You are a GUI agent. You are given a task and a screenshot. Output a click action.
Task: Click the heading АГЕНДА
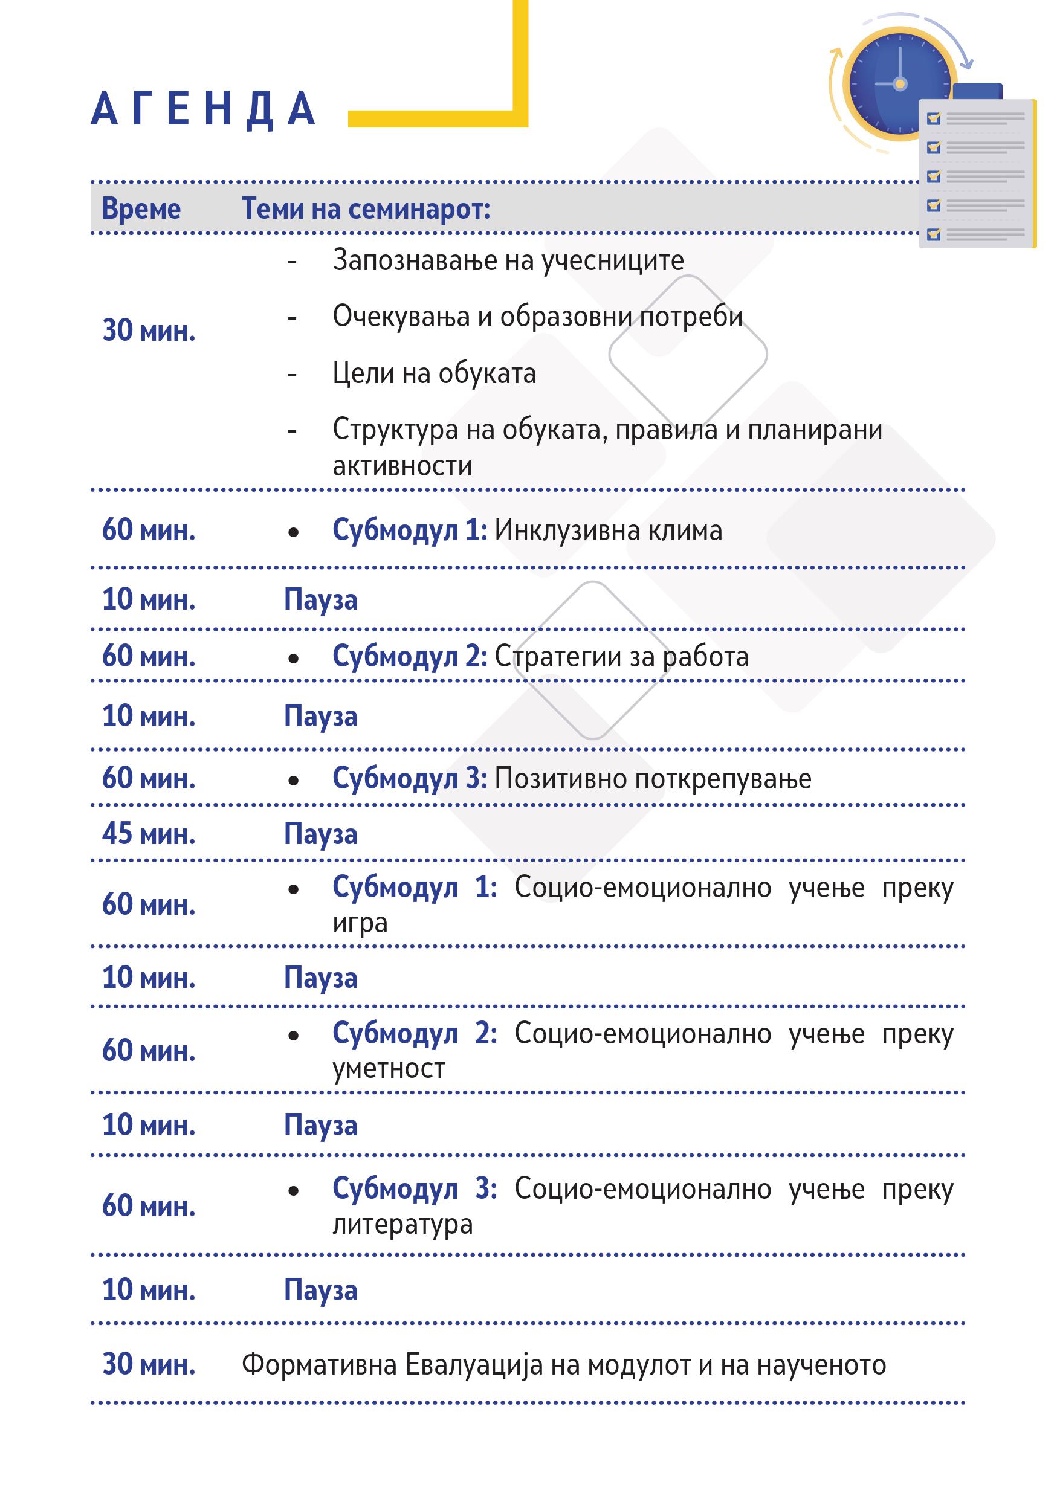click(x=203, y=108)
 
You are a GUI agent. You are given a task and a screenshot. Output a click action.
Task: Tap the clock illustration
click(x=899, y=83)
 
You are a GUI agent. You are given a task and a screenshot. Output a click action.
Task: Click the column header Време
click(x=141, y=209)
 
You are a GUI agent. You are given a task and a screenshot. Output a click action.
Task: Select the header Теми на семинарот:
click(x=366, y=209)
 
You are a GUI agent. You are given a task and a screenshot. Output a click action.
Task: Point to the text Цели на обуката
click(x=434, y=373)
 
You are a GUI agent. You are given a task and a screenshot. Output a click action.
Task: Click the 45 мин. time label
click(x=149, y=834)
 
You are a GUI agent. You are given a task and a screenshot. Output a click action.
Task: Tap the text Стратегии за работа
click(x=621, y=656)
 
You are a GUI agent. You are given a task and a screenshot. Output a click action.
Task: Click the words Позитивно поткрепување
click(x=653, y=778)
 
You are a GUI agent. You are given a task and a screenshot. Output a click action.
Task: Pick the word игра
click(x=360, y=923)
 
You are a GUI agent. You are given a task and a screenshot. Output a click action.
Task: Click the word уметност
click(x=389, y=1069)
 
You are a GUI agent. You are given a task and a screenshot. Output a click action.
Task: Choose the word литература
click(x=402, y=1224)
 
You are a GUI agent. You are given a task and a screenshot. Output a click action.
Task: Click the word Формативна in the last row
click(x=319, y=1364)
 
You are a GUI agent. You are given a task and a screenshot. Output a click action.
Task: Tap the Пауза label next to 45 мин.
click(x=320, y=834)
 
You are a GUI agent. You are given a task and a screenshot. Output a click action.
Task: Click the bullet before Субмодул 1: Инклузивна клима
click(x=293, y=533)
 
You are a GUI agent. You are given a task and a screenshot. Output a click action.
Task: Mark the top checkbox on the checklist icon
click(x=934, y=118)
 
